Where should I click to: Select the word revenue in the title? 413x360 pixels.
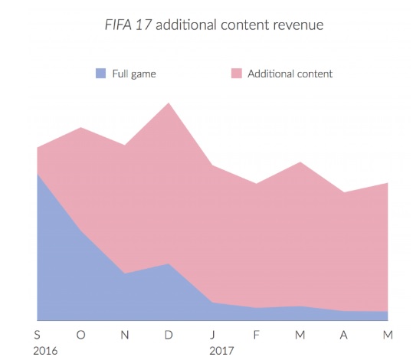pyautogui.click(x=295, y=25)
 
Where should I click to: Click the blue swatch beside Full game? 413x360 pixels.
pyautogui.click(x=100, y=74)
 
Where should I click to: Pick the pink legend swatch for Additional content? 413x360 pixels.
pyautogui.click(x=237, y=74)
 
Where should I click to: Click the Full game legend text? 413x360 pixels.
pyautogui.click(x=135, y=74)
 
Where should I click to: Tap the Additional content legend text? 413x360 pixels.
pyautogui.click(x=290, y=74)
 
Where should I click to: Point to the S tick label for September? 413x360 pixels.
pyautogui.click(x=37, y=334)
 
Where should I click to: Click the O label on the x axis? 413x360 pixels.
pyautogui.click(x=80, y=334)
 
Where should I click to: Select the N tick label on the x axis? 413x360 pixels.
pyautogui.click(x=124, y=334)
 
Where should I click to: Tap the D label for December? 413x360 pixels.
pyautogui.click(x=169, y=334)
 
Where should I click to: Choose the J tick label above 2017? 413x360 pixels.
pyautogui.click(x=212, y=334)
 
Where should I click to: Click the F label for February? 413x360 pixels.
pyautogui.click(x=256, y=334)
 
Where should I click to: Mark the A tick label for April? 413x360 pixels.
pyautogui.click(x=344, y=334)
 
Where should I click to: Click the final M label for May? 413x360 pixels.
pyautogui.click(x=388, y=334)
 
